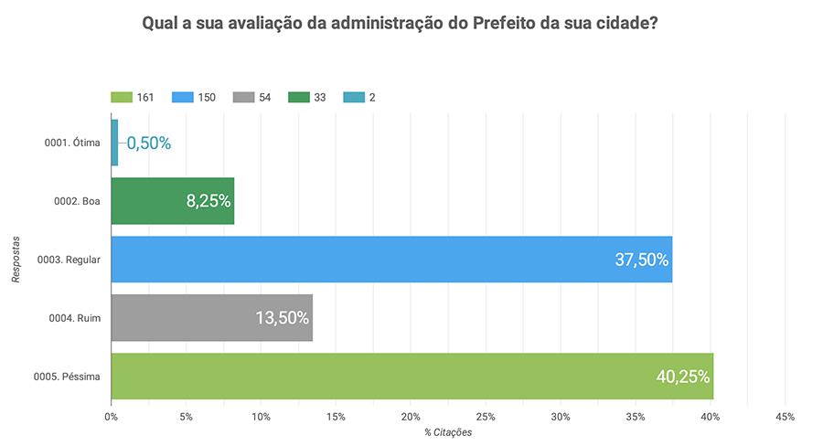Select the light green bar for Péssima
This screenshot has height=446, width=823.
(x=411, y=376)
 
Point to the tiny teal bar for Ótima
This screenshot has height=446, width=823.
(x=114, y=143)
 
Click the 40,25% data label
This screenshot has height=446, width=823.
(x=683, y=376)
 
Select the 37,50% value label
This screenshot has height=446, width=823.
(x=642, y=260)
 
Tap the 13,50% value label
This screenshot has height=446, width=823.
(x=283, y=318)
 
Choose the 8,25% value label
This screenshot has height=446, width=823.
(x=208, y=201)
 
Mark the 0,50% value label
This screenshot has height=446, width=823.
(x=149, y=143)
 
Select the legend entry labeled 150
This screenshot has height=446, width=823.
(x=195, y=98)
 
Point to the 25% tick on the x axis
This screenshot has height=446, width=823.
(x=485, y=417)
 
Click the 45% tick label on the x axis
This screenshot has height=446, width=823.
(x=784, y=417)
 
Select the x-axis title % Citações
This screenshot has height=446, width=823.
(x=448, y=432)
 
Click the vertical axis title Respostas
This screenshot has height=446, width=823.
(x=16, y=259)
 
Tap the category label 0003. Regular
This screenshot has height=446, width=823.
(x=69, y=260)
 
